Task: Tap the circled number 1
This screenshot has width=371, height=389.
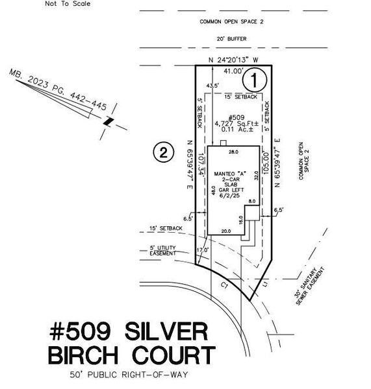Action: (x=255, y=80)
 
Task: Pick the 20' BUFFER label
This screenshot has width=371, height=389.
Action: (x=233, y=39)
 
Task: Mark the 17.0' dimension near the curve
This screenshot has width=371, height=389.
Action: (x=203, y=249)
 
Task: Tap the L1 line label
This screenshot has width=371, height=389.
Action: (x=266, y=283)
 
